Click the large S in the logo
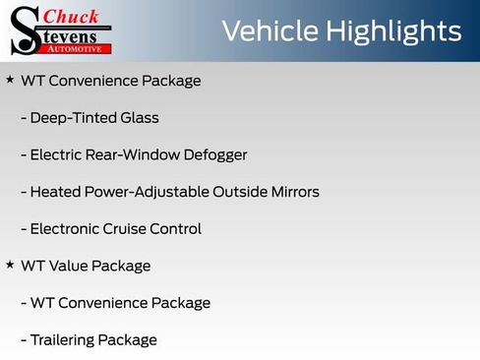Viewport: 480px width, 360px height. (24, 31)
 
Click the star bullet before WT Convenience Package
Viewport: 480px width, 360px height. (10, 80)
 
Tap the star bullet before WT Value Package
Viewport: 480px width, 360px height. (10, 265)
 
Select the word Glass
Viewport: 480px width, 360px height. (138, 118)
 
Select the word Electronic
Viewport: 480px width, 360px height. (65, 228)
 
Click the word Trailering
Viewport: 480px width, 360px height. (65, 339)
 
